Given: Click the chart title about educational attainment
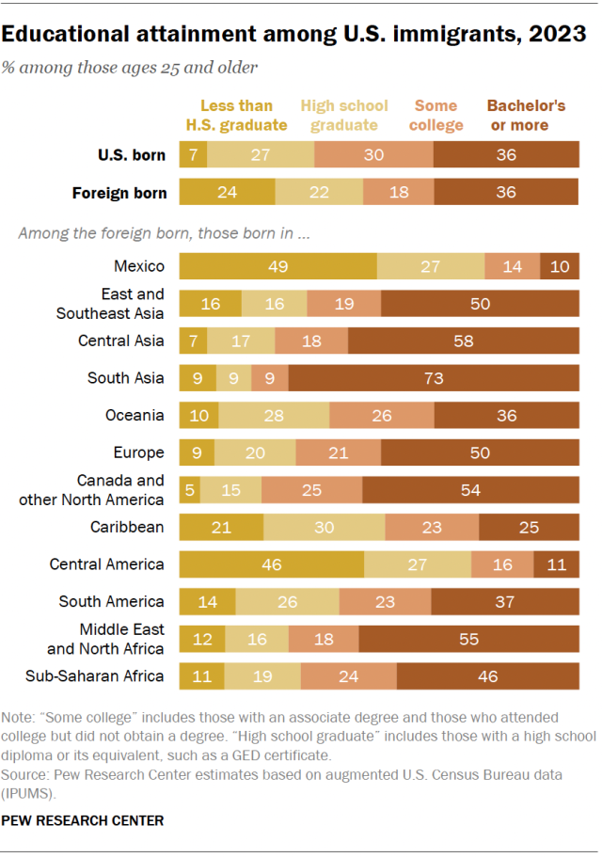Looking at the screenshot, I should (294, 34).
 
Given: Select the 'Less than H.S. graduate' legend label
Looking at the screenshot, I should (237, 115).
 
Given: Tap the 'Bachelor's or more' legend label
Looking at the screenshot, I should (526, 115).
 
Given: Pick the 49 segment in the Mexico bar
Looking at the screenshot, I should (277, 267).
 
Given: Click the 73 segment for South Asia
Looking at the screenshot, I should (434, 378).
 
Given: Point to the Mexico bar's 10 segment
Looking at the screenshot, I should (560, 267).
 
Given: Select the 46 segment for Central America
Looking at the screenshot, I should (271, 564).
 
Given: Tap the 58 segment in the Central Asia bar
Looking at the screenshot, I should (464, 341).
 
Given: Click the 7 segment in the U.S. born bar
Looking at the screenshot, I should (192, 155).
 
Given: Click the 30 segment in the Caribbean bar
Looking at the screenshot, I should (324, 528).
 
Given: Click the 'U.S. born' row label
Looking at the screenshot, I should (132, 155).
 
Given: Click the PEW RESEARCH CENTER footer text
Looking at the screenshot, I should (83, 820).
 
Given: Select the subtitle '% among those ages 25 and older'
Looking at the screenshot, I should (131, 68).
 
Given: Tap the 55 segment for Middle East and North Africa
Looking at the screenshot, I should (468, 639).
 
